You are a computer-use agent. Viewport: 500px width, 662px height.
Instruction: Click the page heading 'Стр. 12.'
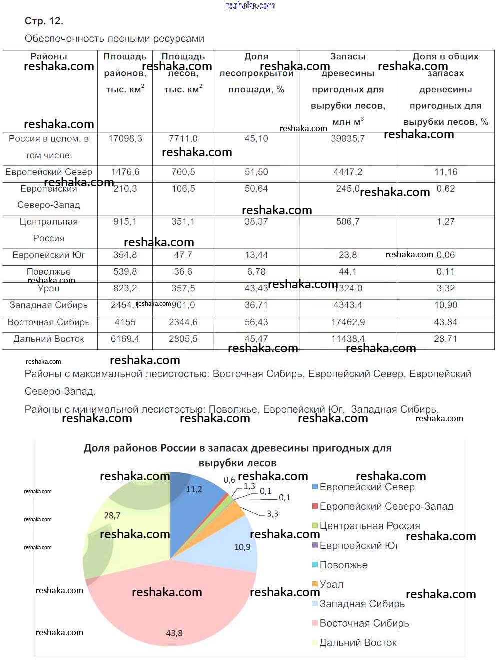[44, 21]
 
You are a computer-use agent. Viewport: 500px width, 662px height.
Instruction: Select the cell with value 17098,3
[125, 138]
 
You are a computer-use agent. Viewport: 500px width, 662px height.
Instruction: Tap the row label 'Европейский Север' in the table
[49, 172]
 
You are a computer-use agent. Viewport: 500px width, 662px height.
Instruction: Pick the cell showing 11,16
[446, 172]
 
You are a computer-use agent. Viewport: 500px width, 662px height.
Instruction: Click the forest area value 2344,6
[183, 322]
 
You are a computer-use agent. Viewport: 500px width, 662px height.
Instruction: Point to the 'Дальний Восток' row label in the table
[49, 339]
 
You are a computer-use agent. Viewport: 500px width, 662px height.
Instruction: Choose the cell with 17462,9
[348, 322]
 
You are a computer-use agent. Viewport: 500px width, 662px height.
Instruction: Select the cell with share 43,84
[446, 322]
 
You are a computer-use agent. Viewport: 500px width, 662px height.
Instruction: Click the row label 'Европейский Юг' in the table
[49, 255]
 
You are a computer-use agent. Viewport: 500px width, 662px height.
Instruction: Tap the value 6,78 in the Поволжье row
[256, 272]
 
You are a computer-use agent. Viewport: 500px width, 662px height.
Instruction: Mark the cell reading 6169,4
[125, 339]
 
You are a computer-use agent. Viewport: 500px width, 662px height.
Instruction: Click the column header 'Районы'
[49, 57]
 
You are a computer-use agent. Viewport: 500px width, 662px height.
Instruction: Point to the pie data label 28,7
[112, 515]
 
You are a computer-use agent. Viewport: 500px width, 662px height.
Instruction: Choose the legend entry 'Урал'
[331, 584]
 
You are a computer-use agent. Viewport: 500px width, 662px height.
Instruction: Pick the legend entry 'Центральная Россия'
[369, 526]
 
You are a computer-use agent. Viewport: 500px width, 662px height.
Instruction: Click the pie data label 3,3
[272, 514]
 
